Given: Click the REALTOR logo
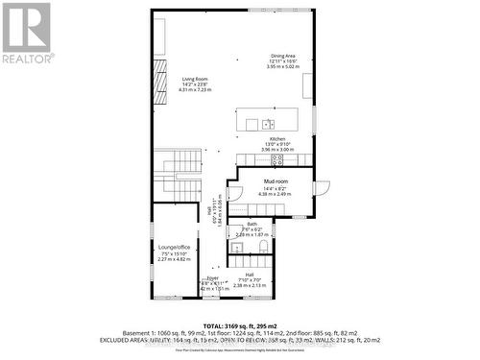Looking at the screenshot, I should tap(27, 34).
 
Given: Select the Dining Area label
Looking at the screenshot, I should tap(282, 56).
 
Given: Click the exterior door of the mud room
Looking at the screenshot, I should tap(323, 186).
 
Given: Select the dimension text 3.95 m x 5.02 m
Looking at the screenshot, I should tap(283, 67).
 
